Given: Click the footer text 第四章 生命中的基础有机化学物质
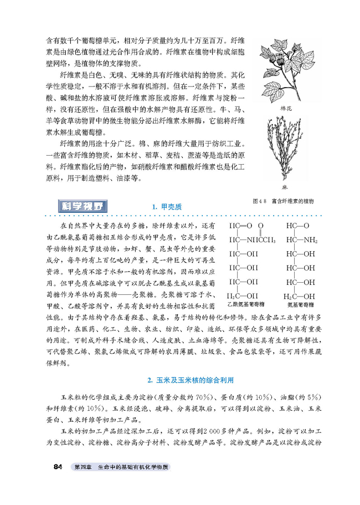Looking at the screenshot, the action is coord(120,467).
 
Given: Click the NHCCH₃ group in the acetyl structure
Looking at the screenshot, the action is coord(258,240).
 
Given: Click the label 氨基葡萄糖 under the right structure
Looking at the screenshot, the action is coord(301,304).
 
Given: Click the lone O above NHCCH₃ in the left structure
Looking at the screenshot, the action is coord(263,226).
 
